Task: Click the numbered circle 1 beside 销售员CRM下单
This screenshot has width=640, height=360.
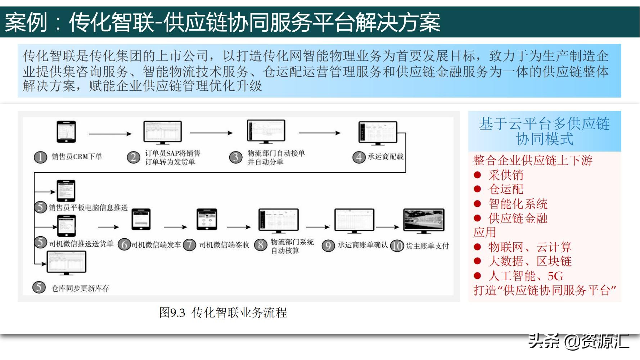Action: (40, 157)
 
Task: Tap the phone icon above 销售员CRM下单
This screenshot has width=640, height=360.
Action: (67, 132)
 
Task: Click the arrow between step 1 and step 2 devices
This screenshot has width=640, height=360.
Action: (110, 134)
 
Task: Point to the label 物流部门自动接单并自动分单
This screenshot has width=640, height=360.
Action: (276, 157)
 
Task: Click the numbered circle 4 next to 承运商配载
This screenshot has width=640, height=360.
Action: (359, 157)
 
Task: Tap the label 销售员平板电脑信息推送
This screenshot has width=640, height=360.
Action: (88, 208)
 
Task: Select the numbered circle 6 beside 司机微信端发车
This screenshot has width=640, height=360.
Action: (124, 245)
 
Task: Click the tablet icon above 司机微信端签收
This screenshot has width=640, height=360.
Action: (207, 219)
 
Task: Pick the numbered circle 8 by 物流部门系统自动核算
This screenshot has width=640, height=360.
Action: (260, 245)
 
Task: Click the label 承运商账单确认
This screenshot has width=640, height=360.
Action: (362, 245)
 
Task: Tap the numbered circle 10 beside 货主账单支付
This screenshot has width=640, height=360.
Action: (397, 246)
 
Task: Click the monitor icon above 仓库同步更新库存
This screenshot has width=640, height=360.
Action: (67, 263)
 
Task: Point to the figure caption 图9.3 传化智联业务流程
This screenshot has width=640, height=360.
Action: (223, 312)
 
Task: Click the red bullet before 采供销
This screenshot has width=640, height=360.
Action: (478, 175)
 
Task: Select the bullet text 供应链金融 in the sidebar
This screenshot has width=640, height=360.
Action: (518, 218)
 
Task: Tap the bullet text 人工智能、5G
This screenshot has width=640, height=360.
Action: (526, 276)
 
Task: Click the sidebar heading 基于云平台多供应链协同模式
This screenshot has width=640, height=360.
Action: (544, 131)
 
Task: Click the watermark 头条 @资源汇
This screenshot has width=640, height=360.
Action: (579, 341)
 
